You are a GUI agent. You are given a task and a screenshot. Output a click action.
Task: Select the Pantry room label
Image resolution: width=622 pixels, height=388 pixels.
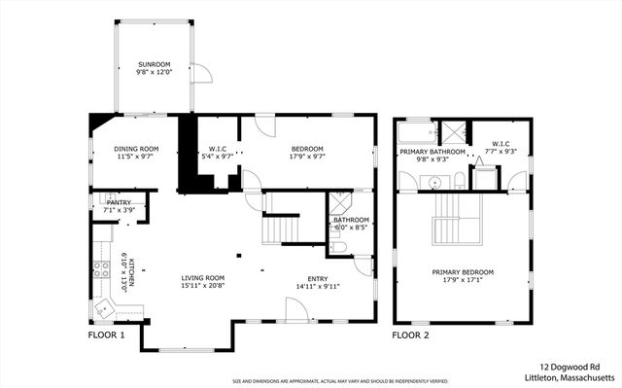click(x=119, y=202)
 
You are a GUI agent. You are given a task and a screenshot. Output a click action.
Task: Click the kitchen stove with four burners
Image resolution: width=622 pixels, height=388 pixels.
click(x=100, y=272)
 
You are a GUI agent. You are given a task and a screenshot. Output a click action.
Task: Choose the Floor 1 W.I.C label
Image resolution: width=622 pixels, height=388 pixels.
click(x=219, y=149)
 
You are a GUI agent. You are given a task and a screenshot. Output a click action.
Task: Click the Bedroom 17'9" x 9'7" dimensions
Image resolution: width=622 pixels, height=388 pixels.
click(x=306, y=156)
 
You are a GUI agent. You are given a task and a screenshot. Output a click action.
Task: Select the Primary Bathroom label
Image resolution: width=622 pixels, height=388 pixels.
click(x=432, y=152)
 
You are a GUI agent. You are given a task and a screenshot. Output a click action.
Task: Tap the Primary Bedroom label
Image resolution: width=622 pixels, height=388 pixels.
click(x=463, y=272)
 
